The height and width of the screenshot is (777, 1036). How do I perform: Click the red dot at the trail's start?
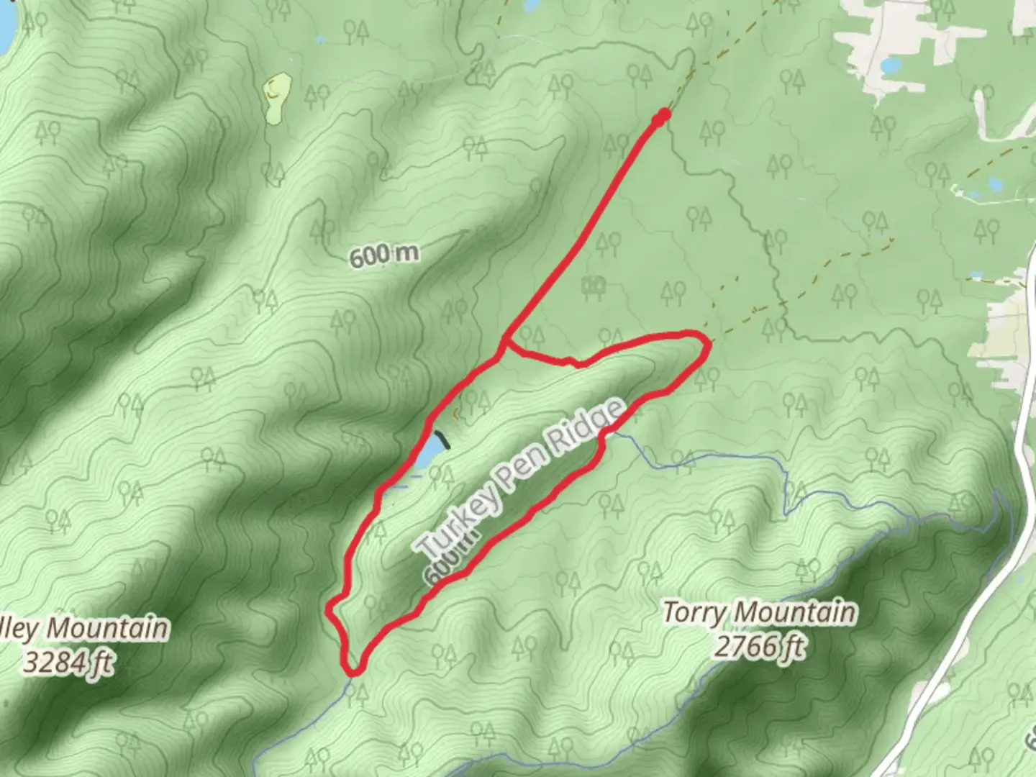pos(663,115)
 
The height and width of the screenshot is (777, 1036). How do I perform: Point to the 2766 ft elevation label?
pos(759,645)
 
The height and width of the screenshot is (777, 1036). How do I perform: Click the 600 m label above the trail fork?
pos(384,255)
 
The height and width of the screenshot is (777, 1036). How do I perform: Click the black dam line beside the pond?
pos(442,440)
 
